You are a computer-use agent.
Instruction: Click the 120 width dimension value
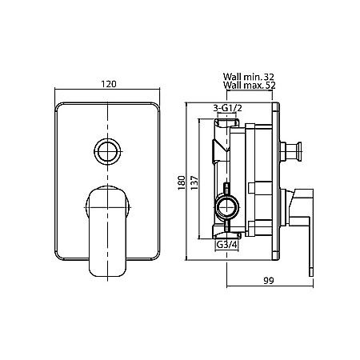click(x=109, y=84)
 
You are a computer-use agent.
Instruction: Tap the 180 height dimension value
click(x=182, y=182)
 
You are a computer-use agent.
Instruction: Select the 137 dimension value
click(x=194, y=182)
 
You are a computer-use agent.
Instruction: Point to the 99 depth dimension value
click(x=269, y=281)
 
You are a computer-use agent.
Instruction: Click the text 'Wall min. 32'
click(x=249, y=77)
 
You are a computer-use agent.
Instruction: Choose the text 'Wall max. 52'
click(x=250, y=85)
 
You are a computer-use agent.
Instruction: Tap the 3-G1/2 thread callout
click(x=227, y=108)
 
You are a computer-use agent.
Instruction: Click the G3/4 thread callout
click(x=226, y=244)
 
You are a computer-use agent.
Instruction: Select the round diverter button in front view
click(x=107, y=151)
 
